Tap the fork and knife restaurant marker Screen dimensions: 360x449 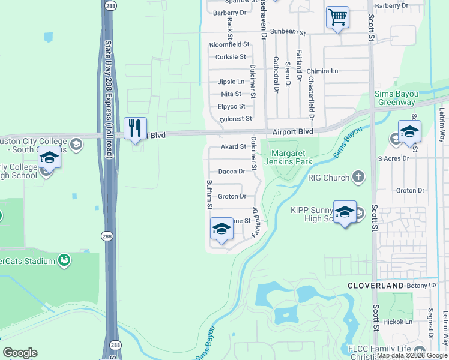135,127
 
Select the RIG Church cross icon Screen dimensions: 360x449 358,177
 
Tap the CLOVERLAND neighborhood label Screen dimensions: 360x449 376,286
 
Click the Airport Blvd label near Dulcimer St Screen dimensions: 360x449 293,131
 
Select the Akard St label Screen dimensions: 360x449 234,146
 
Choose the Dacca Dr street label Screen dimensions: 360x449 231,172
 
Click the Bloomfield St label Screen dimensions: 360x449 229,44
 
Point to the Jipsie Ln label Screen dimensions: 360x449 231,82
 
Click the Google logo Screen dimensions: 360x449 20,353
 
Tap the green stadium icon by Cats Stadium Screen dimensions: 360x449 64,260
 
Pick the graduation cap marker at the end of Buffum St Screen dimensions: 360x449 221,229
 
